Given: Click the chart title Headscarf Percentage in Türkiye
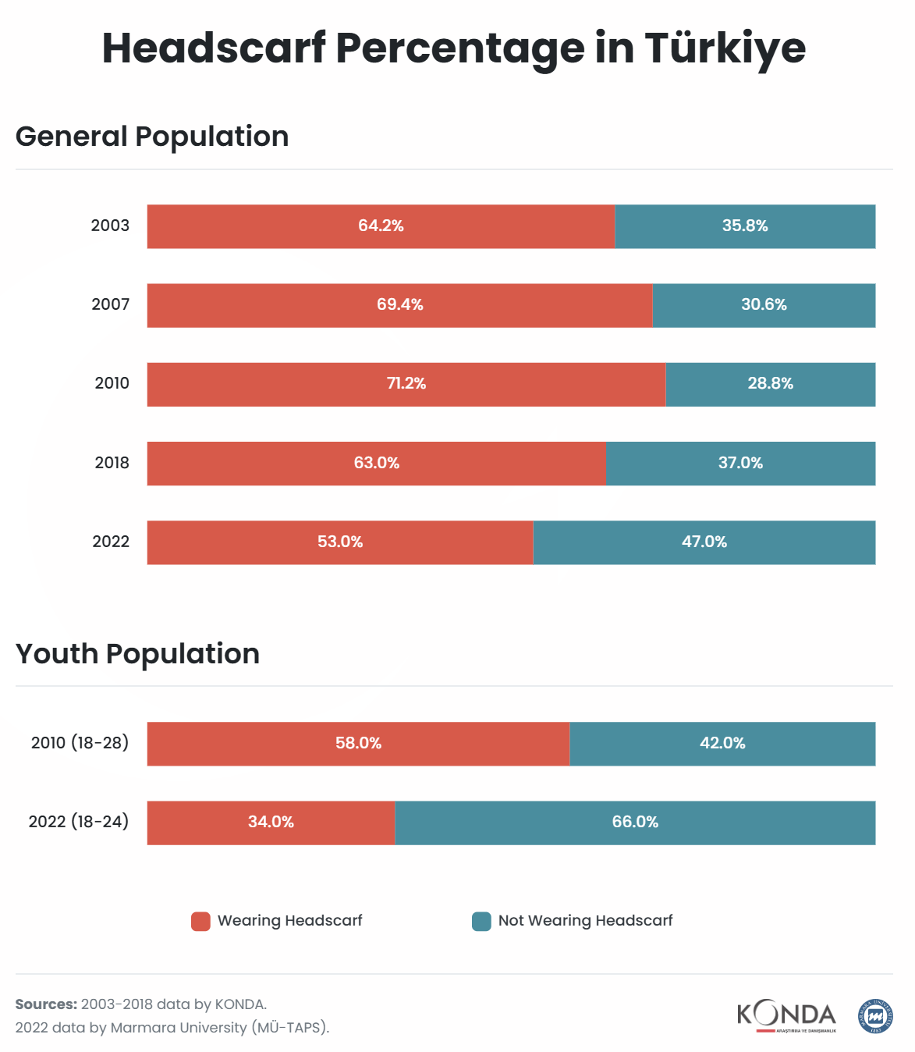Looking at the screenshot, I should click(454, 48).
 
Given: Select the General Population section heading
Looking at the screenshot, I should click(152, 137).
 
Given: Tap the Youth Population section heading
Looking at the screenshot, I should click(137, 654).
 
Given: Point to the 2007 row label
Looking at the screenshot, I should click(111, 304).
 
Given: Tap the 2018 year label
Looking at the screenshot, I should click(112, 463).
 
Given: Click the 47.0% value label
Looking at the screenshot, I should click(704, 542).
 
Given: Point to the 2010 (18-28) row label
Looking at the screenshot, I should click(80, 743).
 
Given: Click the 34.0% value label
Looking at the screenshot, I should click(271, 822).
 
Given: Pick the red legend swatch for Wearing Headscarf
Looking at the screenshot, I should click(200, 922).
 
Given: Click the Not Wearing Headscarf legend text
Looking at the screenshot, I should click(585, 921).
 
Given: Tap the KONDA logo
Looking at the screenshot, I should click(786, 1016).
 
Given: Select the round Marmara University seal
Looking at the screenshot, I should click(875, 1016).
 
